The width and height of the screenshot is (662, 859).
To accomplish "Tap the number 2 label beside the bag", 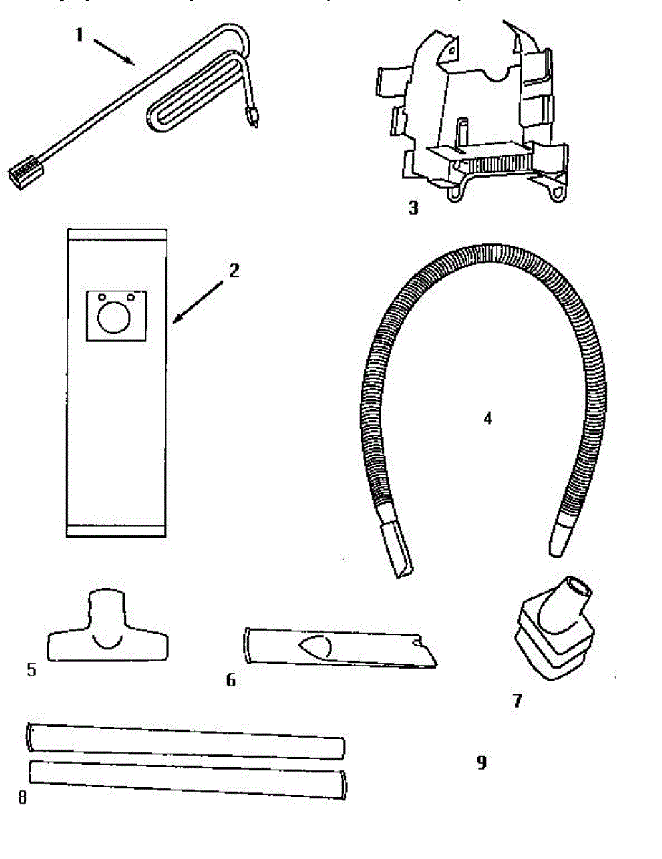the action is pos(233,271).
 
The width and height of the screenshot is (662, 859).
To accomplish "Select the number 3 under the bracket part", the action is pos(413,208).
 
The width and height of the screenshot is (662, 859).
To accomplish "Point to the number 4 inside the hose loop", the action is pos(487,418).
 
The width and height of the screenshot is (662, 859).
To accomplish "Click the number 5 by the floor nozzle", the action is pos(31,670).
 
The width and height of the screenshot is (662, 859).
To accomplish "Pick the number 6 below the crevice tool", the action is pos(230,680).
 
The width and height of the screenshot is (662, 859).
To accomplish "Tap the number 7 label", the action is pos(517,701).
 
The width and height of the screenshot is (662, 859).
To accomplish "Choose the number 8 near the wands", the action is pos(22,797).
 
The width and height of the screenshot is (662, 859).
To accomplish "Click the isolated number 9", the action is pos(482,763).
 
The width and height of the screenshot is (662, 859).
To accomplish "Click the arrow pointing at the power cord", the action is pos(115,53).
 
